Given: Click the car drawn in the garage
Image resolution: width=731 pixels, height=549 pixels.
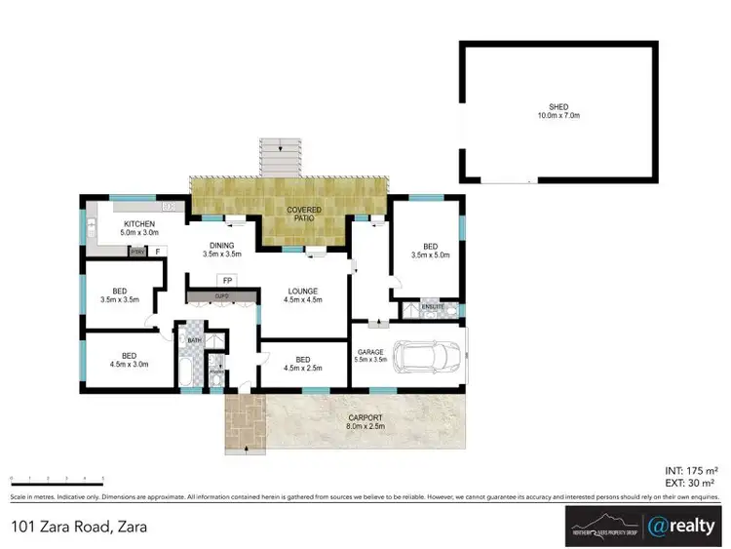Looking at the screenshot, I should coord(427,357).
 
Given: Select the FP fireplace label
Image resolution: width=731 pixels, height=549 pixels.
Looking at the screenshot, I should coord(226,280).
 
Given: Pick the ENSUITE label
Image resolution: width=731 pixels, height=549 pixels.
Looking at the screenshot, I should coord(433,307).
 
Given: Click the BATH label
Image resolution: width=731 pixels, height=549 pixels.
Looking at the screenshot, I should coord(194,340).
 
